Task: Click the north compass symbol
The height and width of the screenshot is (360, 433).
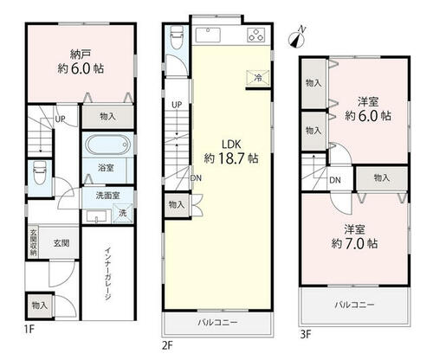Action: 297,37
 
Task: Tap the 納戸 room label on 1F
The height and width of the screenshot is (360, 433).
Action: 81,54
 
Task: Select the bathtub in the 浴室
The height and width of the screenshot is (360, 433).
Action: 107,145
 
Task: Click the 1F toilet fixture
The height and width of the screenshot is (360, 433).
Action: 38,173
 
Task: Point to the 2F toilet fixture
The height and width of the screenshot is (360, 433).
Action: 177,38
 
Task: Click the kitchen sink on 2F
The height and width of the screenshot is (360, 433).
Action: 208,35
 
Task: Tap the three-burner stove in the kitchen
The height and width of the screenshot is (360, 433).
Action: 255,35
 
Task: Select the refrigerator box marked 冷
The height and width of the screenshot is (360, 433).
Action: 258,78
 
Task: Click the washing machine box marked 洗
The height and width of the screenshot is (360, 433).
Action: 123,213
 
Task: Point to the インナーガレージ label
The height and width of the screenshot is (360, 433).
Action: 108,273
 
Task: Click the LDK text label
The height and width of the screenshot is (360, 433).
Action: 231,144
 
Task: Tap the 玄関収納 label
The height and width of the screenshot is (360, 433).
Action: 34,242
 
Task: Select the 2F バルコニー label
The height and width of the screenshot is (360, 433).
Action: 217,322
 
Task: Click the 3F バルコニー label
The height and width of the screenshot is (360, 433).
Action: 355,305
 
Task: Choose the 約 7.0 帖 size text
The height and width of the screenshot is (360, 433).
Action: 354,244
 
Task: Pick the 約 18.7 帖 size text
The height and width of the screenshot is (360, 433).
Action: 231,158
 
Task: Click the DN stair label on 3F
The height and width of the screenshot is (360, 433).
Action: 335,180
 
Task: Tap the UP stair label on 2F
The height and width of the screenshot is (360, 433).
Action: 177,105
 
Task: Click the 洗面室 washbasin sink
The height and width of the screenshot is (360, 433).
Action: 97,216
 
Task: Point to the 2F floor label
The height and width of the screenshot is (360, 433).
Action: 167,345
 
